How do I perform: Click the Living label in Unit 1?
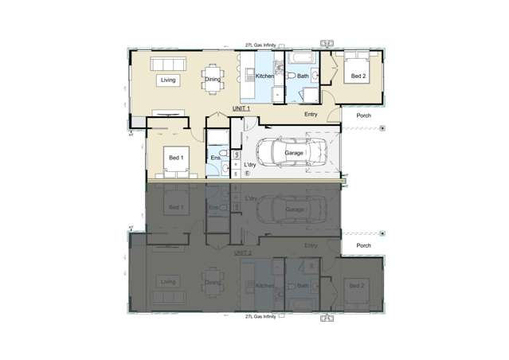pos(167,80)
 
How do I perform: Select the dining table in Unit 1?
pos(212,68)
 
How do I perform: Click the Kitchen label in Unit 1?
pos(264,76)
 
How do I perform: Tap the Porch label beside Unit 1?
pos(363,115)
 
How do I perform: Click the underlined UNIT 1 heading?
pos(241,108)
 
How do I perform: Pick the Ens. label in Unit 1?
pos(215,158)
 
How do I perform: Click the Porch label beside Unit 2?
pos(363,245)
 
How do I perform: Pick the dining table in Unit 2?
pos(212,292)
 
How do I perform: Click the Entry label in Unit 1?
pos(312,115)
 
